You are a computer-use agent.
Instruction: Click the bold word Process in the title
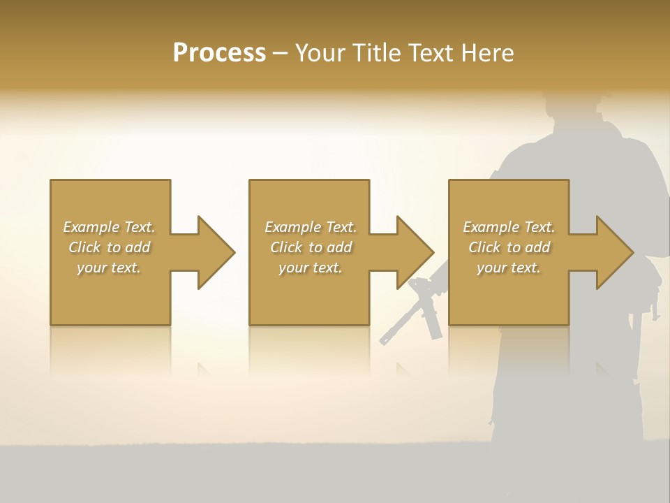click(219, 53)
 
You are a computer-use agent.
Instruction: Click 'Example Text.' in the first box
click(109, 227)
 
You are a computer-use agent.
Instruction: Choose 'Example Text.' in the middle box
click(310, 227)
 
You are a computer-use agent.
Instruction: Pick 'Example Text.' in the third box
click(509, 227)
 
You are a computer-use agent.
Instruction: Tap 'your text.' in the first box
click(109, 268)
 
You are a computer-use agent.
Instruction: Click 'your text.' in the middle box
click(310, 268)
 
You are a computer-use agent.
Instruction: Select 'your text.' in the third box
click(509, 268)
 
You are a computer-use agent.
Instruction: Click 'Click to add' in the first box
click(109, 247)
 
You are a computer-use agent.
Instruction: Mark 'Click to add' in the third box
click(509, 247)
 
